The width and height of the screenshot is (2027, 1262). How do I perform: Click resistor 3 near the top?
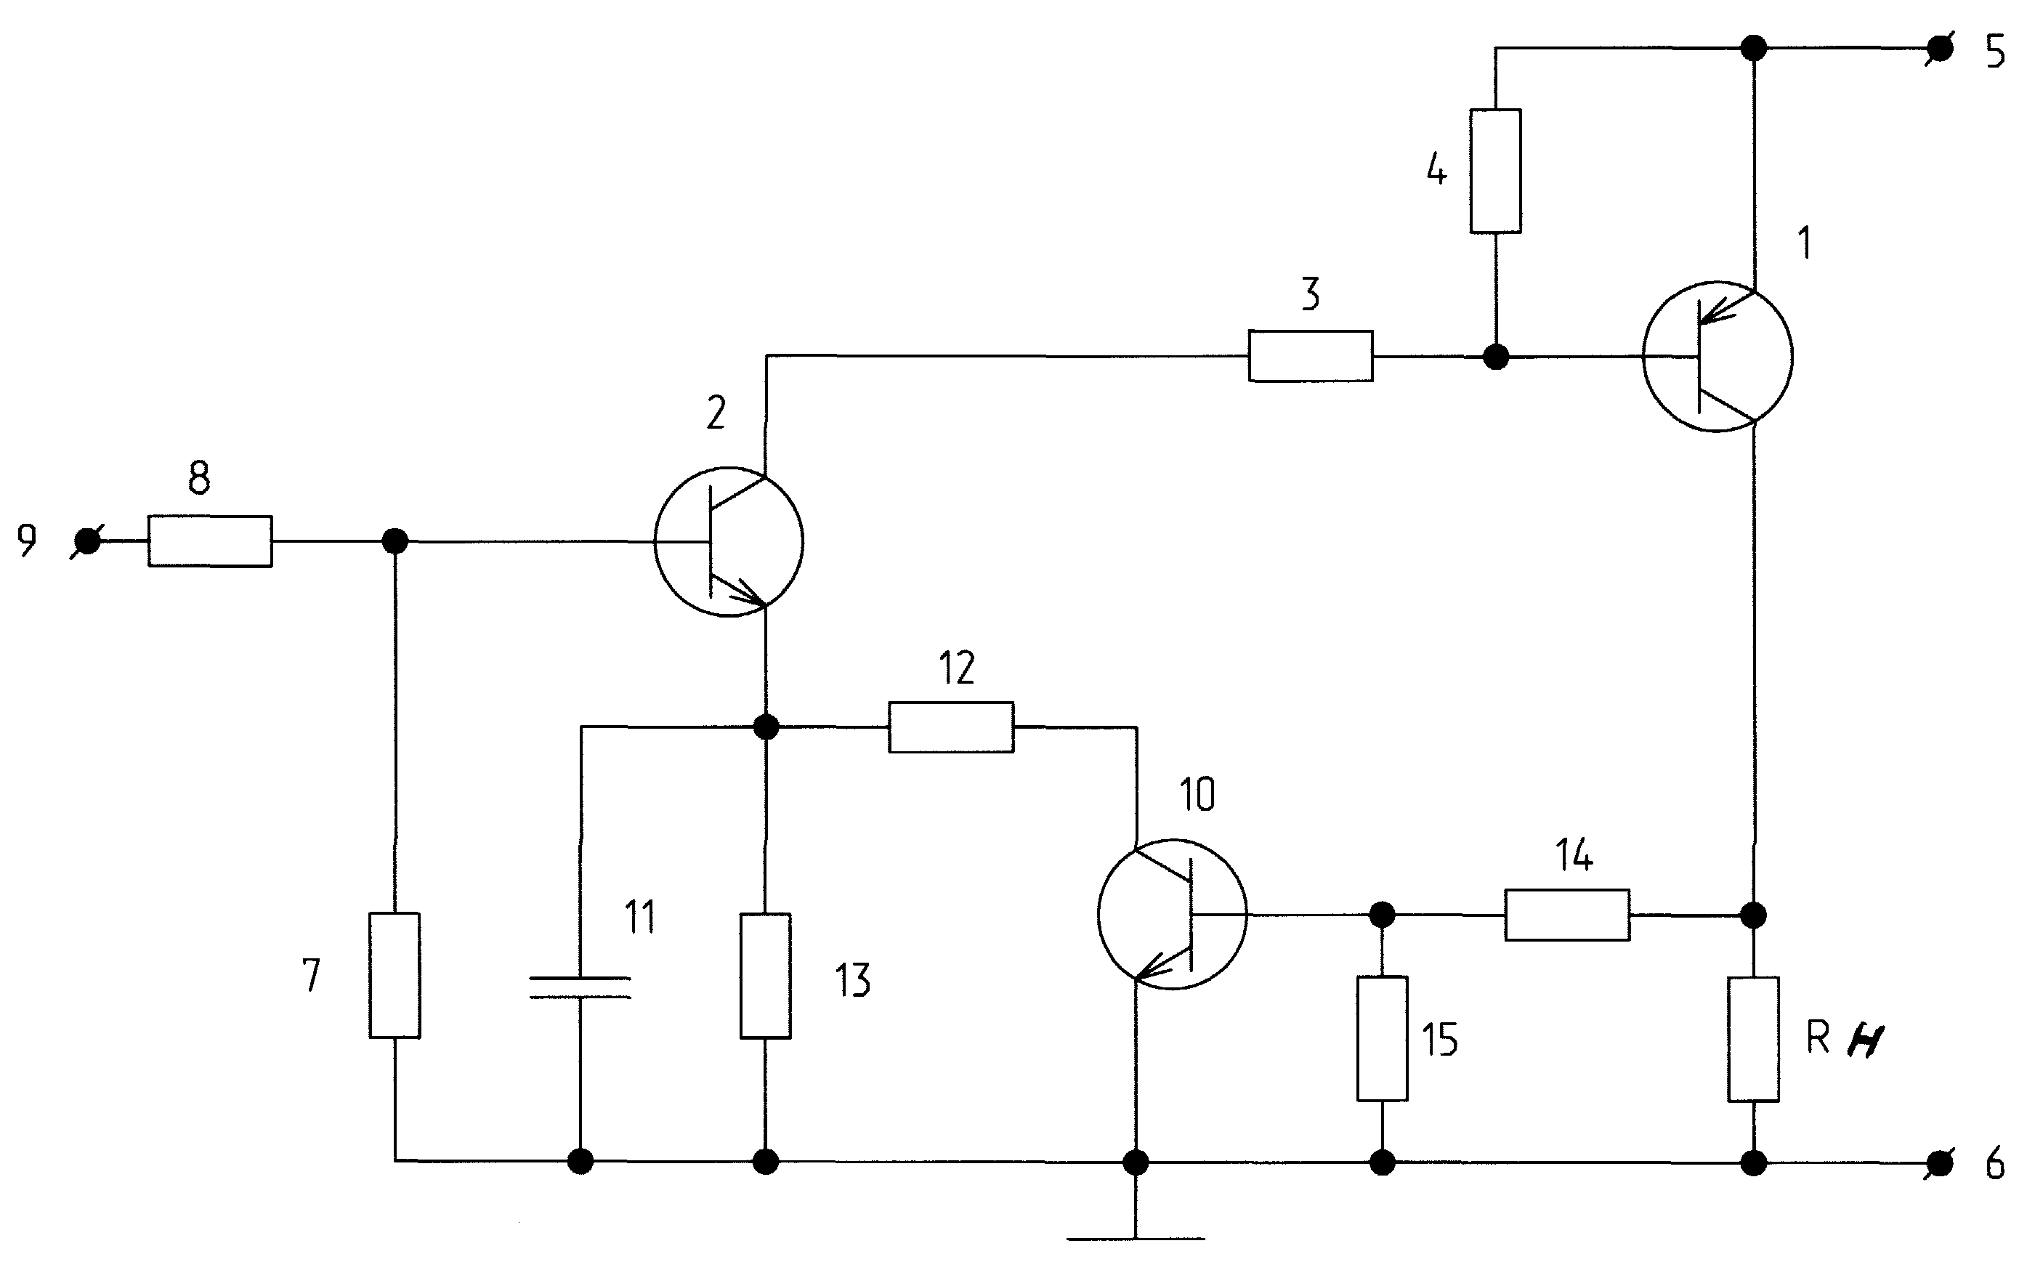coord(1310,357)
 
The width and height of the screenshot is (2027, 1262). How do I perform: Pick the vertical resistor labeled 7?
coord(395,975)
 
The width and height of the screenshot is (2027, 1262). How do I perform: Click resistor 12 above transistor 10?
coord(951,727)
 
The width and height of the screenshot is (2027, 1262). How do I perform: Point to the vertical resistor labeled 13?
coord(765,976)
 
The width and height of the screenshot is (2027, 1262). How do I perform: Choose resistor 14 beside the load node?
coord(1567,915)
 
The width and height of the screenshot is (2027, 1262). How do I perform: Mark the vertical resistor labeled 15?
coord(1383,1038)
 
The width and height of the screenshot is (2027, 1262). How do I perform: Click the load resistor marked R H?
coord(1753,1039)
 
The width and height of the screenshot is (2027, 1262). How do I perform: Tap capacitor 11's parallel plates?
coord(580,987)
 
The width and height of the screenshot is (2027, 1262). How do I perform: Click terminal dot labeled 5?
coord(1941,49)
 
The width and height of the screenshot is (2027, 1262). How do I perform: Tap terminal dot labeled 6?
coord(1941,1162)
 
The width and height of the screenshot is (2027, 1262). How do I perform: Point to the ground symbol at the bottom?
coord(1136,1239)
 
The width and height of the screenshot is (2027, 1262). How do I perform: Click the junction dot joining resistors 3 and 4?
coord(1495,357)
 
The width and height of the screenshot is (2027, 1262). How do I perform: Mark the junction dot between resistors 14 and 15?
coord(1383,915)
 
